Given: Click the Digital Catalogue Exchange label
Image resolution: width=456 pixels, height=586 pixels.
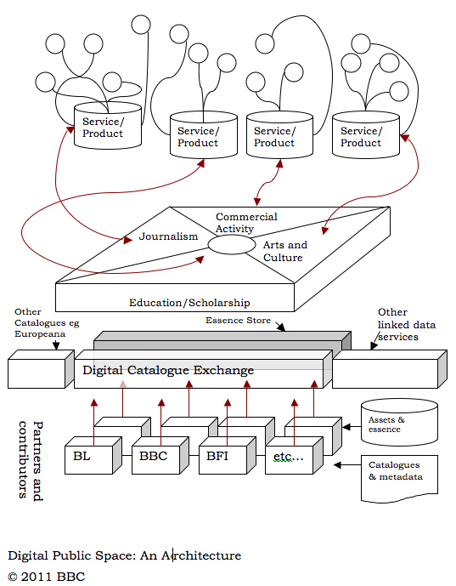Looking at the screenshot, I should [x=168, y=370].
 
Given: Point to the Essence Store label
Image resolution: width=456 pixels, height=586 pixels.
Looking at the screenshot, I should [x=239, y=321].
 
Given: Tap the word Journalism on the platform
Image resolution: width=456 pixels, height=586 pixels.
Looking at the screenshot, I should [x=167, y=237].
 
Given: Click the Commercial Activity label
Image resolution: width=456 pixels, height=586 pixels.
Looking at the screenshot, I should [x=246, y=223].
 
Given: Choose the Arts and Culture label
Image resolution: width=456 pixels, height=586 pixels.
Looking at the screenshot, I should [x=285, y=251].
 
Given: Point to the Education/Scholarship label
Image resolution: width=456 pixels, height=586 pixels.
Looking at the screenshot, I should [x=189, y=302].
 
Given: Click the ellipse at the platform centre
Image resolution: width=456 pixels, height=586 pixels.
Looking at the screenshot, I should [x=232, y=245].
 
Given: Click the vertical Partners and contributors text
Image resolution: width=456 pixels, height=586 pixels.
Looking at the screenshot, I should [x=31, y=459].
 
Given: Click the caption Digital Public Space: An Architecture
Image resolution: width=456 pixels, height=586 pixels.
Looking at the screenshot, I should [x=124, y=556].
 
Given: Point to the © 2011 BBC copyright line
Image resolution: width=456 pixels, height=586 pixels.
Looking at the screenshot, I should [x=47, y=576].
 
